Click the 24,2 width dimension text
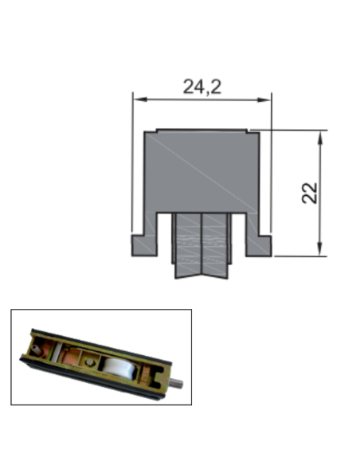pos(202,87)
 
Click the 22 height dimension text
pos(310,193)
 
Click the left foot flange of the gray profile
pos(143,245)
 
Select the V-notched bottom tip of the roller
pos(202,278)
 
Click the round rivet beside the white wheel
pos(92,362)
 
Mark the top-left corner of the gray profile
pos(144,131)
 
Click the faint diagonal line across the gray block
pos(202,171)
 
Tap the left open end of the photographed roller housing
pos(34,346)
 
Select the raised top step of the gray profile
pos(202,130)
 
